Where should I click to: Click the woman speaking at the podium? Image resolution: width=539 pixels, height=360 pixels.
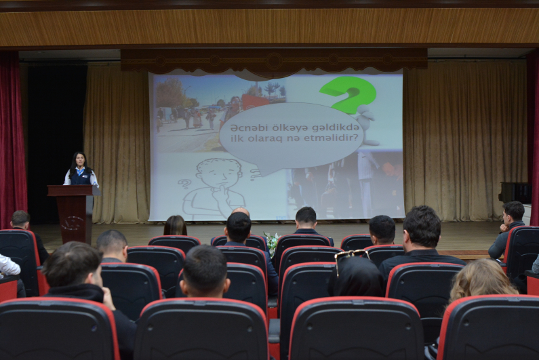tap(81, 169)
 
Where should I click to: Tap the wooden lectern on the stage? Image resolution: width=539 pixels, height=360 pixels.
tap(74, 214)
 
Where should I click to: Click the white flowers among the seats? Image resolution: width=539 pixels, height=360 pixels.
tap(272, 243)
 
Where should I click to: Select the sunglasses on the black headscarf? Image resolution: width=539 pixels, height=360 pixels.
tap(351, 256)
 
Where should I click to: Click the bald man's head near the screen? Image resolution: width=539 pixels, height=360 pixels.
tap(240, 212)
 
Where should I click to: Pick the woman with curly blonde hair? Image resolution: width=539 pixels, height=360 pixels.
tap(482, 279)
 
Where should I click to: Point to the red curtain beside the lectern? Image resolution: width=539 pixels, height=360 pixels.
tap(12, 138)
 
